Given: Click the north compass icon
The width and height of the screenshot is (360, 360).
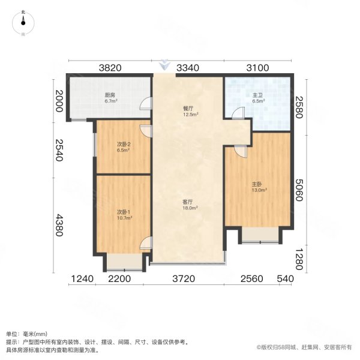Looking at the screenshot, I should pos(23,23).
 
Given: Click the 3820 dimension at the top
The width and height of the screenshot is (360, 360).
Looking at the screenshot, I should pos(110,68).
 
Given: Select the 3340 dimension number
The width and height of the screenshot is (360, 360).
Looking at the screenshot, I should pos(188,68).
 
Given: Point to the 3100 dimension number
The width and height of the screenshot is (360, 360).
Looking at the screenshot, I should pos(258,68).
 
